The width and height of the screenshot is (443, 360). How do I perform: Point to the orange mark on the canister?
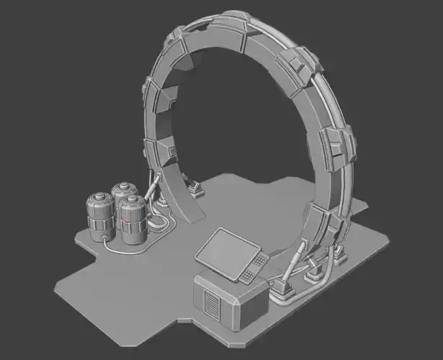127,223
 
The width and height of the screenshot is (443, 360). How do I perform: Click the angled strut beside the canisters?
151,192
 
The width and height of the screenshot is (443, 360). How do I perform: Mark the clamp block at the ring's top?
238,22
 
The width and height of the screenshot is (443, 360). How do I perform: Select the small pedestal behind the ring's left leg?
194,189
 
